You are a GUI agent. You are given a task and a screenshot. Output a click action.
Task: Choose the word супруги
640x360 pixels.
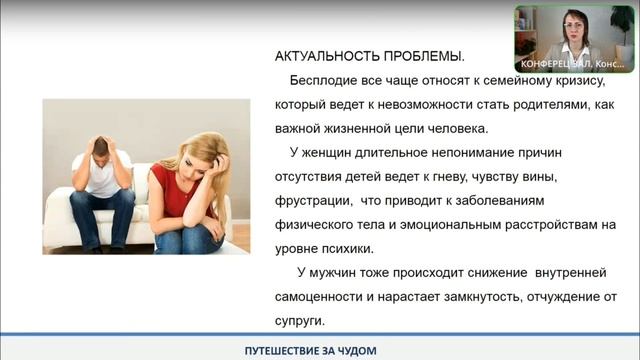click(x=299, y=321)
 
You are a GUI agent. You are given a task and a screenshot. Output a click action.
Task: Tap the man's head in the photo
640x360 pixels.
click(x=102, y=150)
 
